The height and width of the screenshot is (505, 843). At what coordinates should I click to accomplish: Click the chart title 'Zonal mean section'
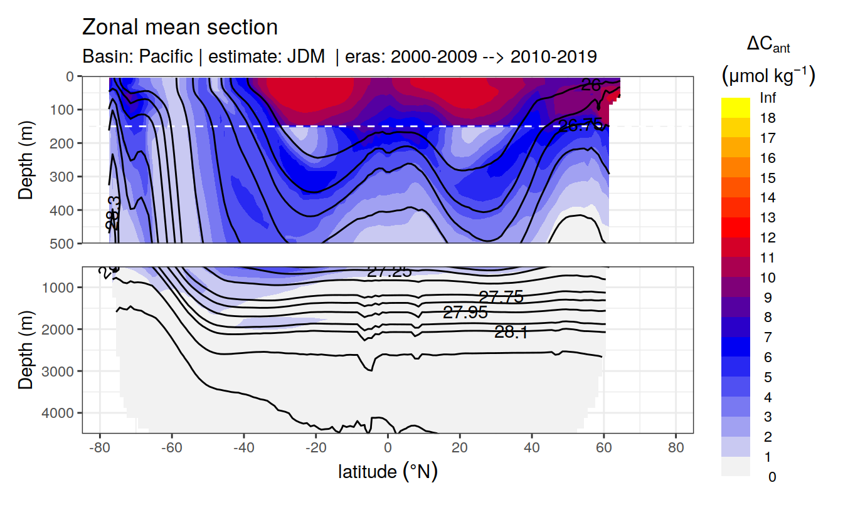click(x=180, y=28)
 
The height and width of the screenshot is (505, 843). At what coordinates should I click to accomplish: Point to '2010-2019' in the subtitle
click(x=553, y=57)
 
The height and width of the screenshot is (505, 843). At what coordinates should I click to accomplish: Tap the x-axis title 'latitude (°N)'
click(x=388, y=471)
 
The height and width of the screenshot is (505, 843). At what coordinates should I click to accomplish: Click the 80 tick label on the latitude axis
click(x=676, y=449)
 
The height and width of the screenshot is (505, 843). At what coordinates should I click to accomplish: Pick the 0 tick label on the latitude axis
click(x=388, y=449)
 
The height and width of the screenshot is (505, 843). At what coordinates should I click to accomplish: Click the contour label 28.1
click(x=511, y=333)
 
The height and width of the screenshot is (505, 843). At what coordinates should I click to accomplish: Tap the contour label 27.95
click(x=465, y=313)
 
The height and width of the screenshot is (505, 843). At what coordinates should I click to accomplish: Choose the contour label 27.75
click(x=501, y=297)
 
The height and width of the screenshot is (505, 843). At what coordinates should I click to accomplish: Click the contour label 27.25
click(x=389, y=271)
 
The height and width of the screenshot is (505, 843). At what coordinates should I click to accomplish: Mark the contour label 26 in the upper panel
click(x=591, y=85)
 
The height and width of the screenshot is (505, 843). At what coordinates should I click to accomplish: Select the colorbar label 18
click(x=767, y=118)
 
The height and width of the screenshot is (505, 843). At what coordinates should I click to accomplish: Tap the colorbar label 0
click(x=771, y=477)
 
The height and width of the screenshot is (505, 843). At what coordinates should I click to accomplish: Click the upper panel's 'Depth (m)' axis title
click(x=26, y=160)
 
